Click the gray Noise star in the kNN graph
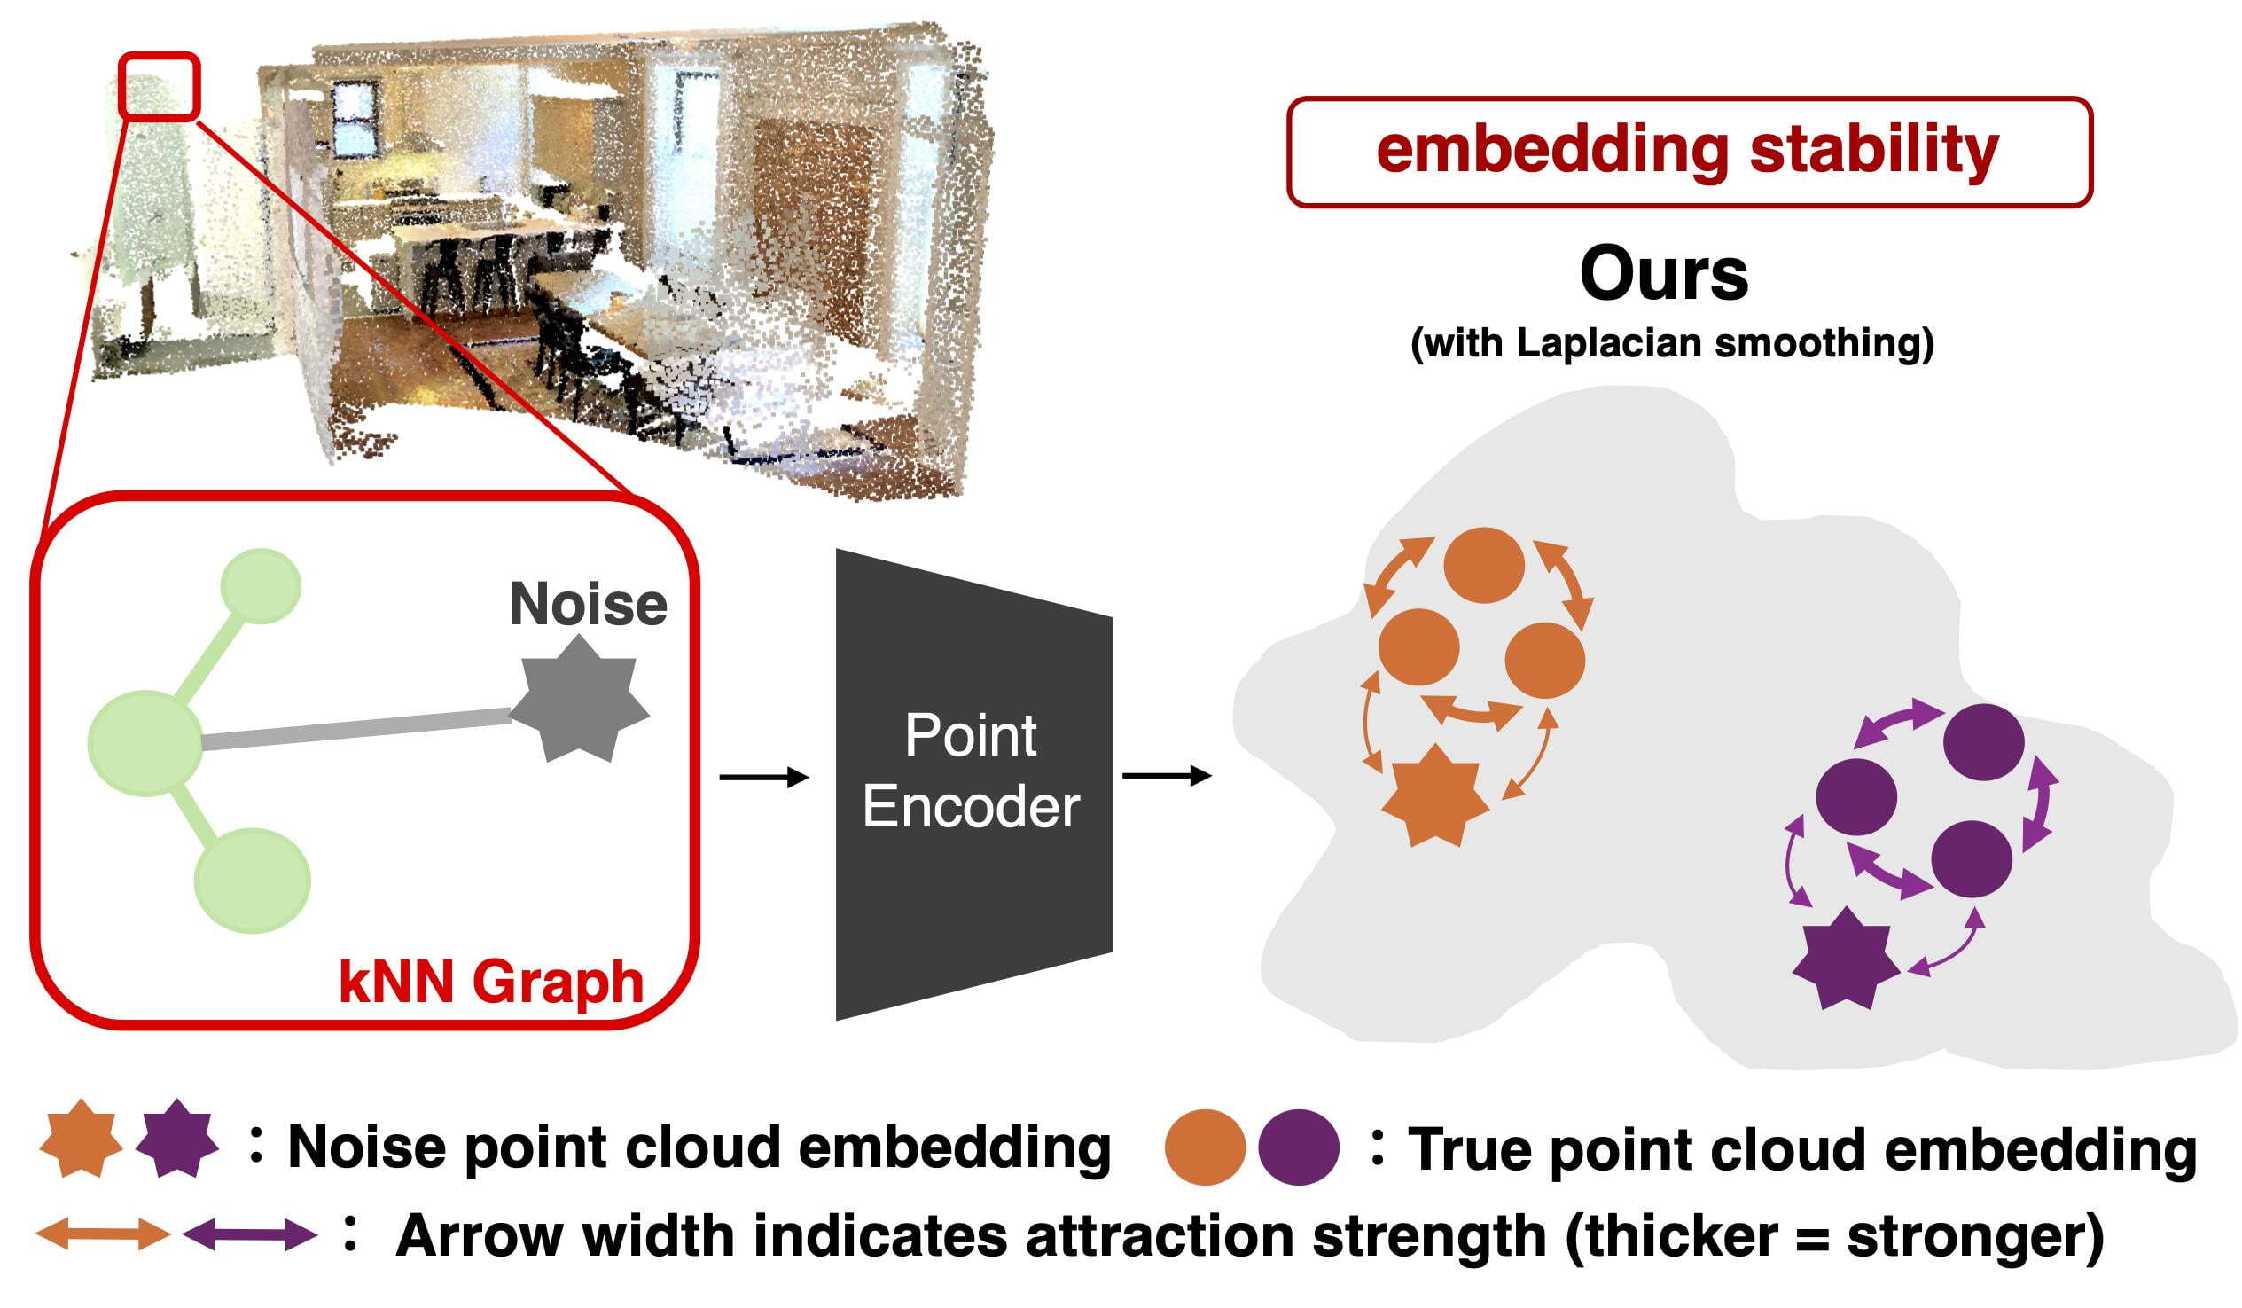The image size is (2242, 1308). tap(579, 700)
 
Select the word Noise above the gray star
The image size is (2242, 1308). tap(588, 604)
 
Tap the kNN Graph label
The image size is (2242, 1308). tap(491, 983)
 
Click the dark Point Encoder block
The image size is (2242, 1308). tap(973, 783)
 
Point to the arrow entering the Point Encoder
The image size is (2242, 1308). tap(762, 778)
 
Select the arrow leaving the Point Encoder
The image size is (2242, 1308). tap(1166, 776)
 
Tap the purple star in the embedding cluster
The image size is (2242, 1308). tap(1845, 959)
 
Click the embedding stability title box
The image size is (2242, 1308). tap(1689, 153)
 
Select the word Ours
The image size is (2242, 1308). tap(1664, 275)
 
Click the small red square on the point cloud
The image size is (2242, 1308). tap(160, 86)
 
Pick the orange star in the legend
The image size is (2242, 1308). tap(81, 1139)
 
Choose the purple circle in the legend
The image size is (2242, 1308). tap(1298, 1147)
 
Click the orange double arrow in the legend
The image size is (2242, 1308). tap(102, 1235)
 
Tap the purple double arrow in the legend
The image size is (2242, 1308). tap(250, 1235)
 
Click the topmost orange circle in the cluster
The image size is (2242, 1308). tap(1483, 565)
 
